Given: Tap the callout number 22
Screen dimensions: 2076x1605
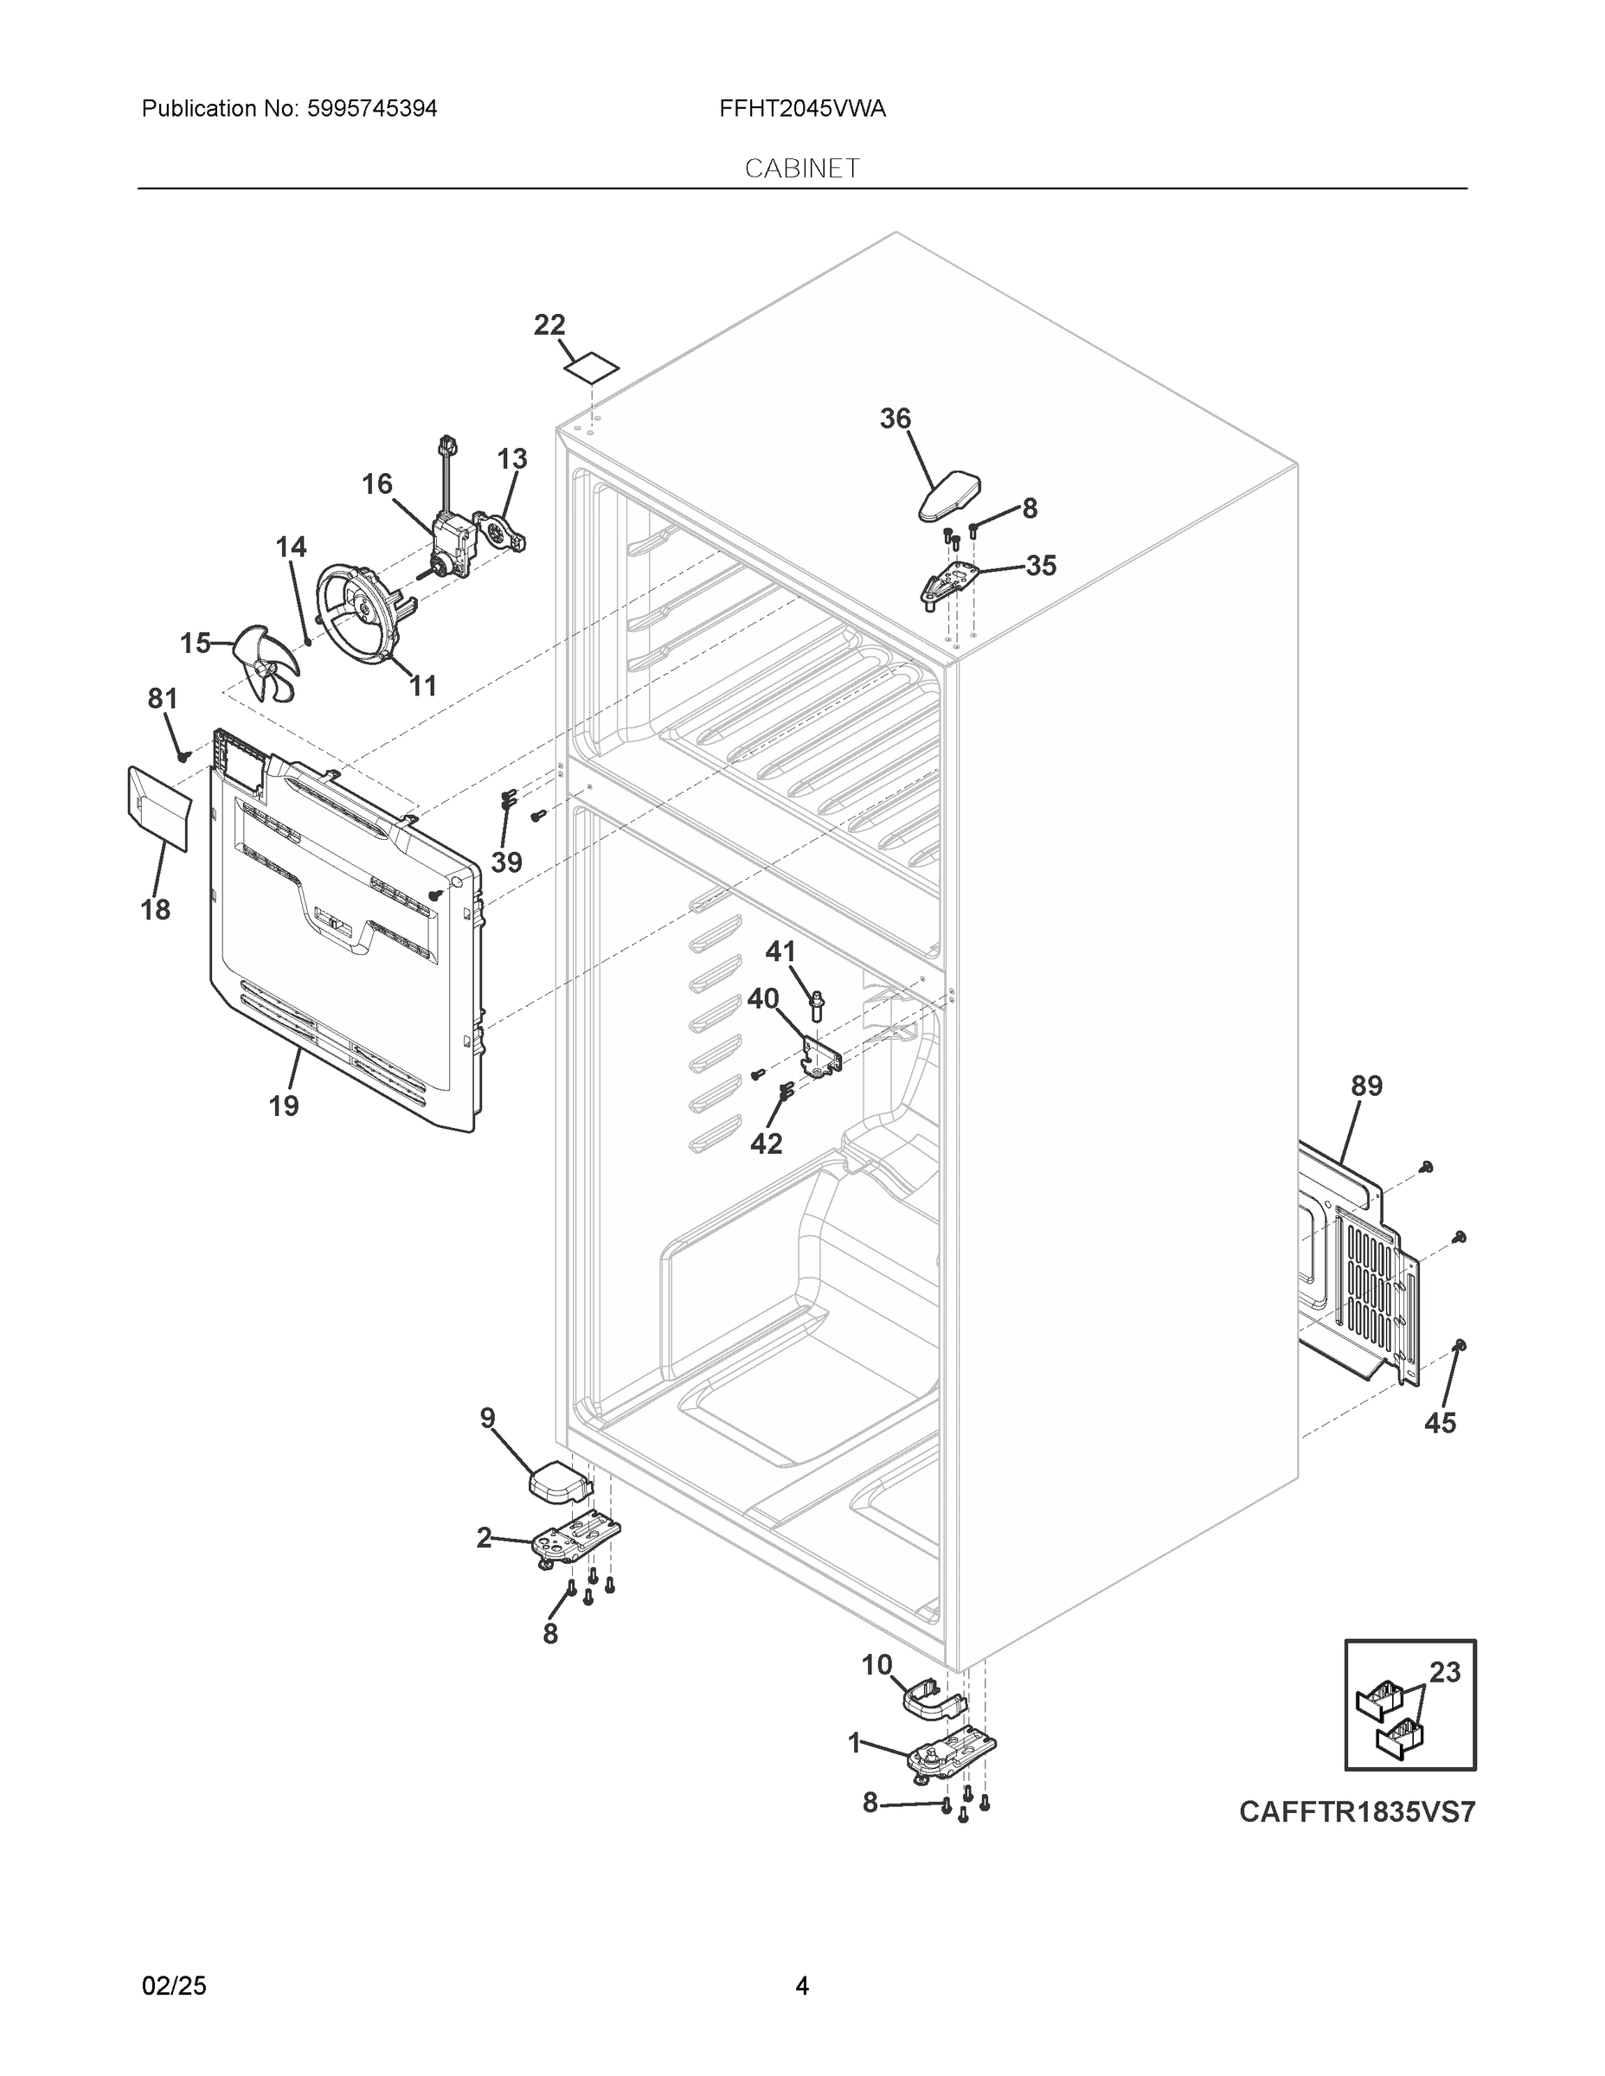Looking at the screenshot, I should tap(549, 325).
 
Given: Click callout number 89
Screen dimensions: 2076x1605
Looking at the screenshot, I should tap(1366, 1086).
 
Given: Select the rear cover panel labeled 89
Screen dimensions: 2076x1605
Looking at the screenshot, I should tap(1359, 1274).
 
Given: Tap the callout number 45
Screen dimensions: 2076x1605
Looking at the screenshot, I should tap(1440, 1450).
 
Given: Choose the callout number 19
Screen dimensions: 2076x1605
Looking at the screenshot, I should tap(283, 1105).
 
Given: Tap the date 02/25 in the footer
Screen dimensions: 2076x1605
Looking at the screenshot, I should tap(174, 1986).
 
